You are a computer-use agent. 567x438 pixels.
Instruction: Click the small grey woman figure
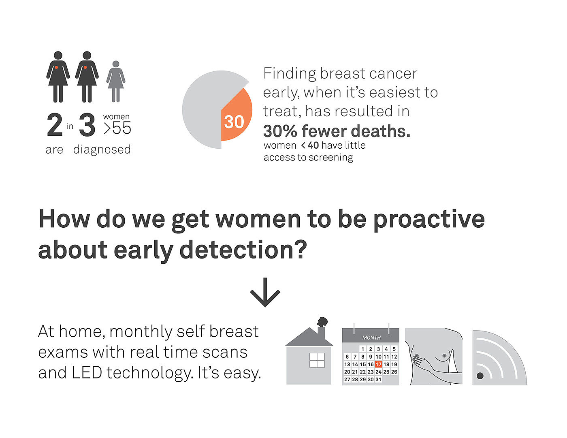(115, 81)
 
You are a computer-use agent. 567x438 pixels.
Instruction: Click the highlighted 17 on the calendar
(378, 364)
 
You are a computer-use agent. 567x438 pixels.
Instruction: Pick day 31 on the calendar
(378, 379)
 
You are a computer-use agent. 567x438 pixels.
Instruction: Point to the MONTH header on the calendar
(371, 338)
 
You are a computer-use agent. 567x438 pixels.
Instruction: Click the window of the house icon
(317, 360)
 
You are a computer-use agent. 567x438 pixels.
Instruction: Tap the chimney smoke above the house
(322, 322)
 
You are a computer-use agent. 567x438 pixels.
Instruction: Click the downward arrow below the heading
(265, 293)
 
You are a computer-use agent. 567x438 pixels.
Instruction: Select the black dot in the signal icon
(480, 376)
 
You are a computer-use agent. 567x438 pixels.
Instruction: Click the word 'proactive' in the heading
(429, 220)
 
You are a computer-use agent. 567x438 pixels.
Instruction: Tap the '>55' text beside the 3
(117, 128)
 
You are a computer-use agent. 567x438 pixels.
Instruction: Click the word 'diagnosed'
(102, 150)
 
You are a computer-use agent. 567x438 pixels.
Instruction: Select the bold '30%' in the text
(280, 131)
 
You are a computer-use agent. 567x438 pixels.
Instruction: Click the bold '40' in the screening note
(313, 145)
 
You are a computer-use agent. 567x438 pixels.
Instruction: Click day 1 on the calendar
(363, 349)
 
